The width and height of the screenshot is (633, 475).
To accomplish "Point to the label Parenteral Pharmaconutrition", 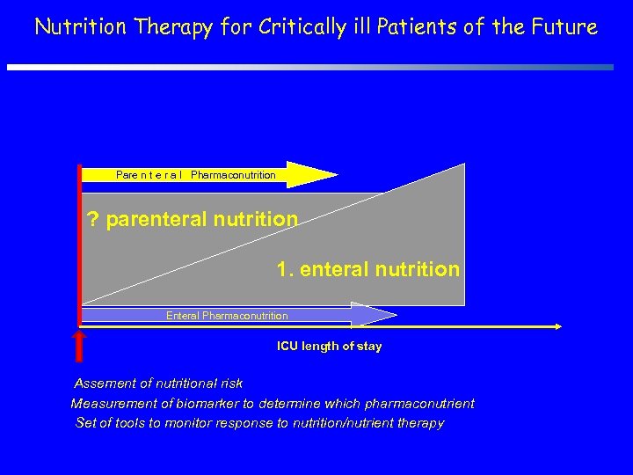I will pyautogui.click(x=195, y=175).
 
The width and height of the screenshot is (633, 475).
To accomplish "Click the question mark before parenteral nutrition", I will pyautogui.click(x=93, y=219).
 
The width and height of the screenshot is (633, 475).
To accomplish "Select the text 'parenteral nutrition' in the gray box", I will pyautogui.click(x=201, y=219).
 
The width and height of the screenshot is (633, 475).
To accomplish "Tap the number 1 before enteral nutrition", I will pyautogui.click(x=282, y=269).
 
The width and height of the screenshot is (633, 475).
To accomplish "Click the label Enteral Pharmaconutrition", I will pyautogui.click(x=227, y=316).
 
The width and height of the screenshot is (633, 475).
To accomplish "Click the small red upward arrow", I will pyautogui.click(x=79, y=345).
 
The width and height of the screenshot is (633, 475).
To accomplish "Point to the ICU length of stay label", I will pyautogui.click(x=329, y=347).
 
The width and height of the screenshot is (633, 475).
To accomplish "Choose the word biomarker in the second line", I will pyautogui.click(x=221, y=404).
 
